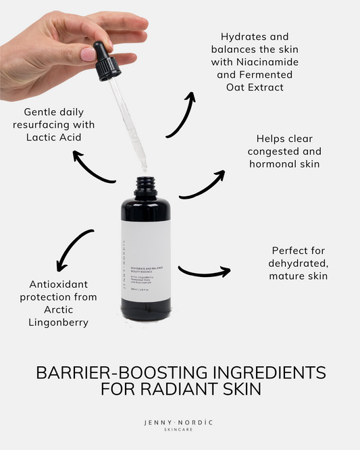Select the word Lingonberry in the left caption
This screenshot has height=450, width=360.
(x=50, y=323)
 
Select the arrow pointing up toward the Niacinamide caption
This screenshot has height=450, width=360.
(x=180, y=115)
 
